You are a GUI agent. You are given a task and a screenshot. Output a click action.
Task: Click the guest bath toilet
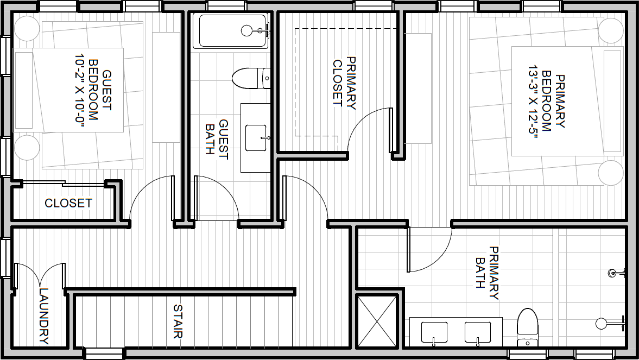click(x=251, y=78)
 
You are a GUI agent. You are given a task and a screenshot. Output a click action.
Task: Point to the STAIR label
click(x=178, y=321)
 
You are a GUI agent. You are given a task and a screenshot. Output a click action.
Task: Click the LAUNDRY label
click(x=43, y=317)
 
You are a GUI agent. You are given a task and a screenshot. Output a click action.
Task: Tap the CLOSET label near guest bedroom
click(x=68, y=203)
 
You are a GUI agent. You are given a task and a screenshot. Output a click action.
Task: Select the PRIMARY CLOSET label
click(x=344, y=83)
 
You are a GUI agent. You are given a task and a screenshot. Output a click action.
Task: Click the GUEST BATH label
click(x=217, y=137)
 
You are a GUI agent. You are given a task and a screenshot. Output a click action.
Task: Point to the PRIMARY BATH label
click(x=488, y=273)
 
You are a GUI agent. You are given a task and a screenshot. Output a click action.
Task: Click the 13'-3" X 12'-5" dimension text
click(x=534, y=102)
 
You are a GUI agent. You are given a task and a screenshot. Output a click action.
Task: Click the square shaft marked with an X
click(x=377, y=321)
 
